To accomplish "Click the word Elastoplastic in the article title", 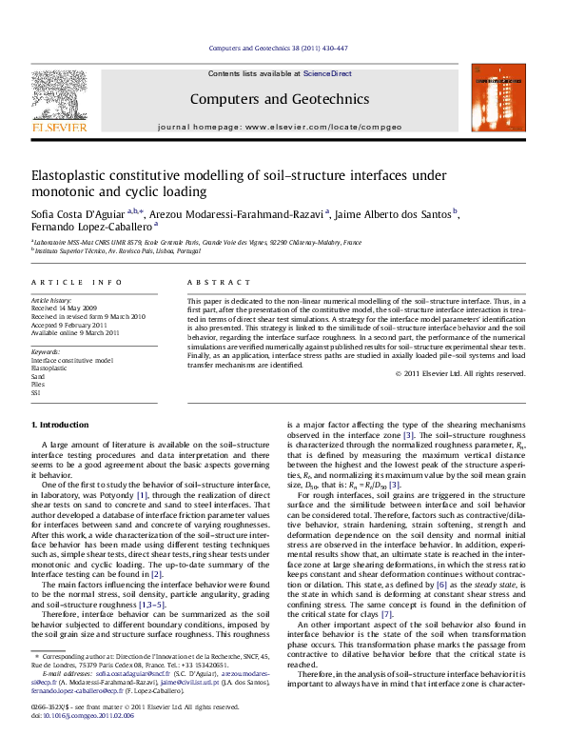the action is pyautogui.click(x=72, y=175).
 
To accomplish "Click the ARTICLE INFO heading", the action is pyautogui.click(x=76, y=284).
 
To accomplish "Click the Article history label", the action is pyautogui.click(x=51, y=299).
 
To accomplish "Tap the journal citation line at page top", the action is pyautogui.click(x=283, y=49).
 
